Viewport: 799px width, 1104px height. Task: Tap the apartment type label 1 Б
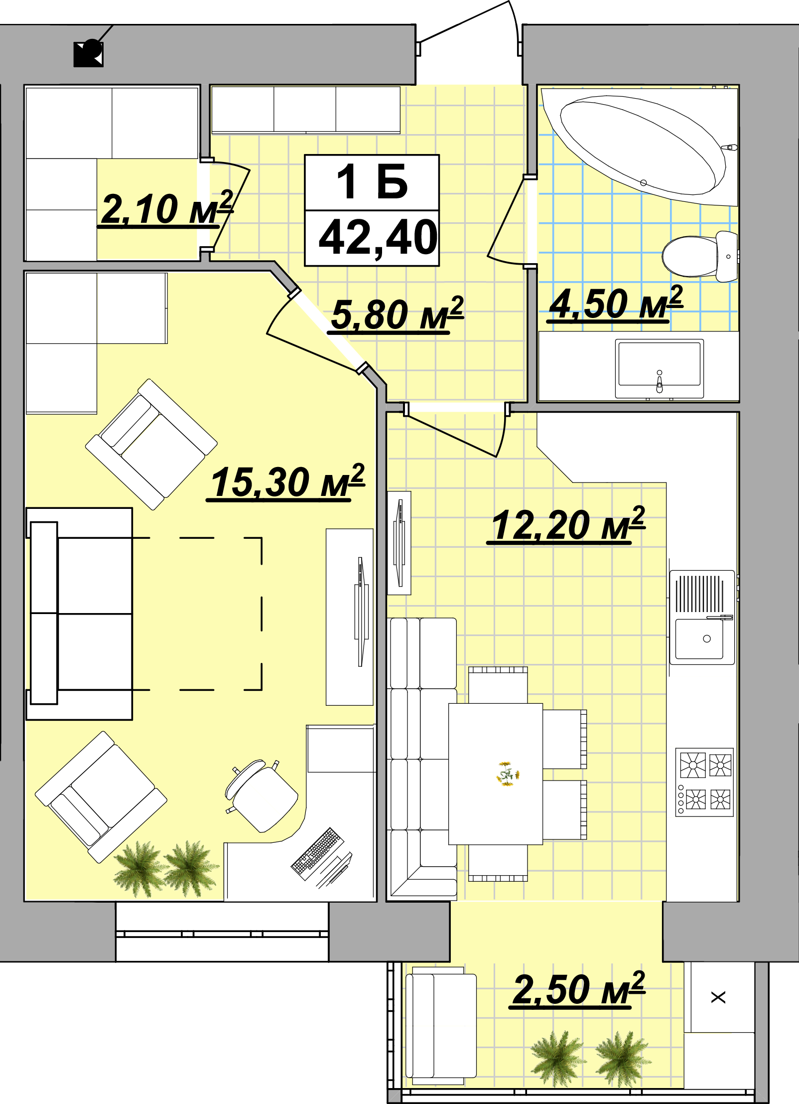tap(372, 182)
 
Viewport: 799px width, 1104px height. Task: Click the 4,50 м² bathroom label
tap(615, 304)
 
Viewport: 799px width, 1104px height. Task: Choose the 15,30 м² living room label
tap(287, 482)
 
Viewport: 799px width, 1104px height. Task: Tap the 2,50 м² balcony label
tap(578, 990)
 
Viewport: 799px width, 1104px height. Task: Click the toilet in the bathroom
tap(700, 256)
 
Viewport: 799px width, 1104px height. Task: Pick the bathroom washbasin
tap(659, 368)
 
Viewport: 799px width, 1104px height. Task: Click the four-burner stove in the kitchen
tap(704, 782)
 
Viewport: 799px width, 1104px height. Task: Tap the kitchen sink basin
tap(699, 638)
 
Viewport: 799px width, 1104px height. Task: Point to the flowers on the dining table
tap(508, 774)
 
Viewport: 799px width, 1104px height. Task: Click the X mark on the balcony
tap(718, 997)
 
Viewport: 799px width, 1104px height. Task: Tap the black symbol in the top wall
tap(89, 53)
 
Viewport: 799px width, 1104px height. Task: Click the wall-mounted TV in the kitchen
tap(399, 543)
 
